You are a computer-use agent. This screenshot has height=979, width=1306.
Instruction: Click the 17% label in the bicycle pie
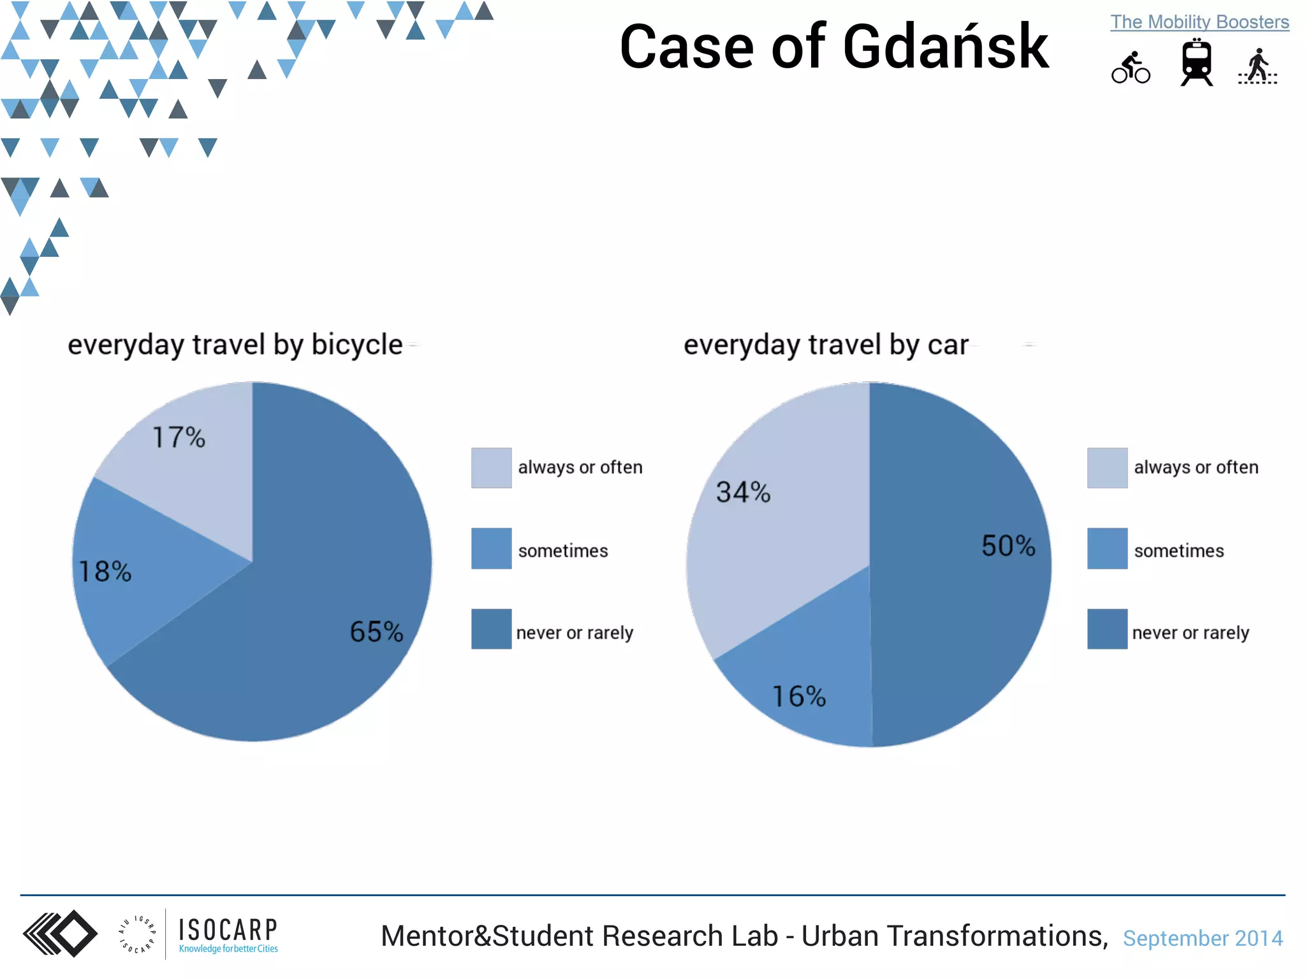pyautogui.click(x=179, y=437)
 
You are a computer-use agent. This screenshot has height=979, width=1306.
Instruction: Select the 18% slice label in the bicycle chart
pyautogui.click(x=105, y=571)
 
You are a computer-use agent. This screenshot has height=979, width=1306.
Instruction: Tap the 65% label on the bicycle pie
pyautogui.click(x=376, y=632)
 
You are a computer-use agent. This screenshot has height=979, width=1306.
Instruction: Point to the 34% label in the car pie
pyautogui.click(x=743, y=492)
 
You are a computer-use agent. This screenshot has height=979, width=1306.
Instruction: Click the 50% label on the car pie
pyautogui.click(x=1008, y=546)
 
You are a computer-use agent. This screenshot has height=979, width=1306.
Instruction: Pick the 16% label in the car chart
pyautogui.click(x=799, y=696)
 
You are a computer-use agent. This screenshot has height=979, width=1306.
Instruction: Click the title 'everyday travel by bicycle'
pyautogui.click(x=235, y=345)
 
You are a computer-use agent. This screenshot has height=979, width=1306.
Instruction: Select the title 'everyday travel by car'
pyautogui.click(x=826, y=345)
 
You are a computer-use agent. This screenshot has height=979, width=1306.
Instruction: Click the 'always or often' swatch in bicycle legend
pyautogui.click(x=491, y=468)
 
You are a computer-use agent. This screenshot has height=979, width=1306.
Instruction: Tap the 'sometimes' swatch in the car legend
pyautogui.click(x=1107, y=548)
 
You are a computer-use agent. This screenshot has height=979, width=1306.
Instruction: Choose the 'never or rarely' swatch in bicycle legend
pyautogui.click(x=491, y=629)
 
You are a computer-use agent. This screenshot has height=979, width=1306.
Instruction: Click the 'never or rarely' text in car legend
pyautogui.click(x=1190, y=633)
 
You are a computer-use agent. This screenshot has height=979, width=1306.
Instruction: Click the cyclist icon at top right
pyautogui.click(x=1131, y=68)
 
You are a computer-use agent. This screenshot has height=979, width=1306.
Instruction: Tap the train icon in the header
pyautogui.click(x=1196, y=62)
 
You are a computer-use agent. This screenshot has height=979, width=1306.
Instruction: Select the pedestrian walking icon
pyautogui.click(x=1258, y=66)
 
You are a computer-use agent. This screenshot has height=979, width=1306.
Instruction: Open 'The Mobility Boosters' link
pyautogui.click(x=1200, y=22)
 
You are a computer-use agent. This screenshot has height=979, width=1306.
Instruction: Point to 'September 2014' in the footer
pyautogui.click(x=1203, y=938)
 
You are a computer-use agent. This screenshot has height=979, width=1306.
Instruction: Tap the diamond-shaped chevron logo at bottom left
pyautogui.click(x=61, y=934)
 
